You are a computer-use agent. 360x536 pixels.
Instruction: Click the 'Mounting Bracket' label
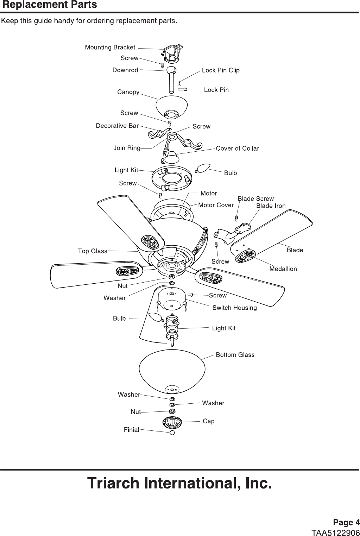(x=110, y=48)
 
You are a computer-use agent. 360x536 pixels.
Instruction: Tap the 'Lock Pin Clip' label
(x=221, y=70)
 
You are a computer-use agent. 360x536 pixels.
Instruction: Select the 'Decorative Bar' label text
(x=117, y=126)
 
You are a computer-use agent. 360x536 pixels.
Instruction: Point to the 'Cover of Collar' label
(x=237, y=149)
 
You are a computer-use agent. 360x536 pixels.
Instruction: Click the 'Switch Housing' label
(x=234, y=308)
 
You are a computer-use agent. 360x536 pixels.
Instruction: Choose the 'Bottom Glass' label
(x=235, y=355)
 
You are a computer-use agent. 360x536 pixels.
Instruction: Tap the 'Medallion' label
(x=283, y=269)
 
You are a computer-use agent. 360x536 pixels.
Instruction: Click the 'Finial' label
(x=131, y=430)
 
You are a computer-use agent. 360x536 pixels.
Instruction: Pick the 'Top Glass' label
(x=92, y=251)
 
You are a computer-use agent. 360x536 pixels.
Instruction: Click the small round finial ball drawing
(x=172, y=433)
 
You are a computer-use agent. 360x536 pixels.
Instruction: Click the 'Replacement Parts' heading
(x=49, y=5)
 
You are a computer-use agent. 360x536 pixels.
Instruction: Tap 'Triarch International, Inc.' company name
(x=179, y=483)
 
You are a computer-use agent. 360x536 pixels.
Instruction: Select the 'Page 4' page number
(x=346, y=522)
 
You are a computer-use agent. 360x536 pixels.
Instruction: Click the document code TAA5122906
(x=335, y=531)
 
